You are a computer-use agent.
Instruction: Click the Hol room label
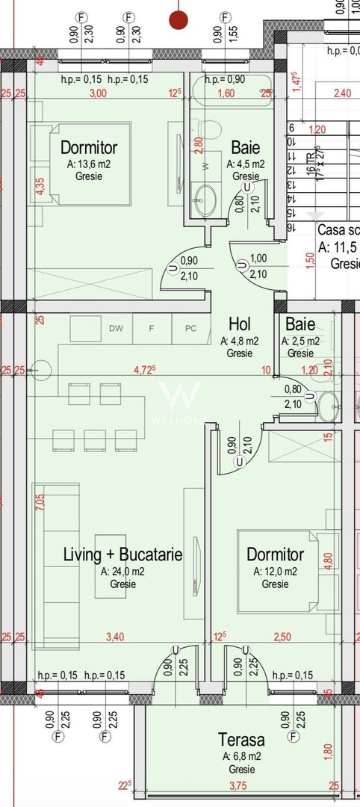239,324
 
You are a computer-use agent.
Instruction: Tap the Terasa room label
240,740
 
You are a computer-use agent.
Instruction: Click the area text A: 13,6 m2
90,164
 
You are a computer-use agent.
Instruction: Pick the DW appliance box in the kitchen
115,328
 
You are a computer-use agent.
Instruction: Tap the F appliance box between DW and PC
152,328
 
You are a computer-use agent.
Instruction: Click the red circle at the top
179,20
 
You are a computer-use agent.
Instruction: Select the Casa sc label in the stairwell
338,230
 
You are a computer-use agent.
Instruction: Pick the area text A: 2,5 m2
300,341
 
